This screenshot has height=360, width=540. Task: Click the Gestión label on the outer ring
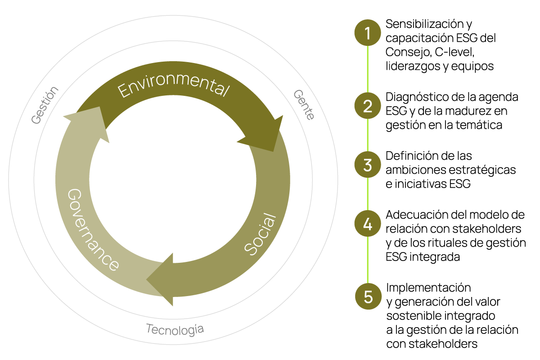coord(45,105)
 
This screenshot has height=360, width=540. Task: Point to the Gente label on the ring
coord(304,104)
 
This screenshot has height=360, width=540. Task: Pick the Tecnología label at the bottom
coord(175,329)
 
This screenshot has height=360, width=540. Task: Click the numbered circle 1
coord(368,34)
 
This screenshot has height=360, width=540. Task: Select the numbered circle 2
coord(368,106)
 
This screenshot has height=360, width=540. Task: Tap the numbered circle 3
coord(368,165)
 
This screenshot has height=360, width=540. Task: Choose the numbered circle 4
coord(368,224)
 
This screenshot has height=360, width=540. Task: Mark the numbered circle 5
coord(368,297)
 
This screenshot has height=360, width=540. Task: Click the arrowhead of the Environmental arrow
coord(265,135)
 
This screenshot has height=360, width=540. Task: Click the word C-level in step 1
coord(454,52)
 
